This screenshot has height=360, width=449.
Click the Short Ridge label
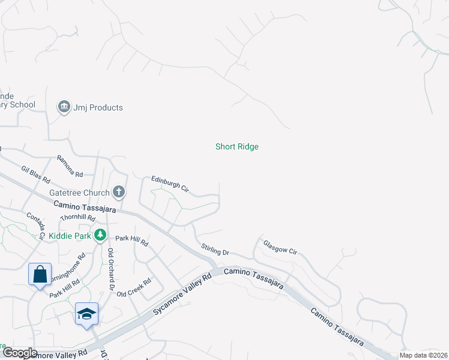237,146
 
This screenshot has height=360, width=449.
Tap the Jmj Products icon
64,107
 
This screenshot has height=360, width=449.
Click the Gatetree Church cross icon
119,193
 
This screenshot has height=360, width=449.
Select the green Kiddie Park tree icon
101,236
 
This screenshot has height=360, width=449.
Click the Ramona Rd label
70,166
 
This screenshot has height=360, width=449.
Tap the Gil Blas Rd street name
35,175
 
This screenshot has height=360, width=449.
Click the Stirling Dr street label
215,249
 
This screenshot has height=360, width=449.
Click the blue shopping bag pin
40,275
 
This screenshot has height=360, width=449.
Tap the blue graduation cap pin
86,314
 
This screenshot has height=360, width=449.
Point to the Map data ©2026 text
424,355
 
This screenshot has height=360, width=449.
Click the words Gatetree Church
79,193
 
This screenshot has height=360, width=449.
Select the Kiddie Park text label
70,236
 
